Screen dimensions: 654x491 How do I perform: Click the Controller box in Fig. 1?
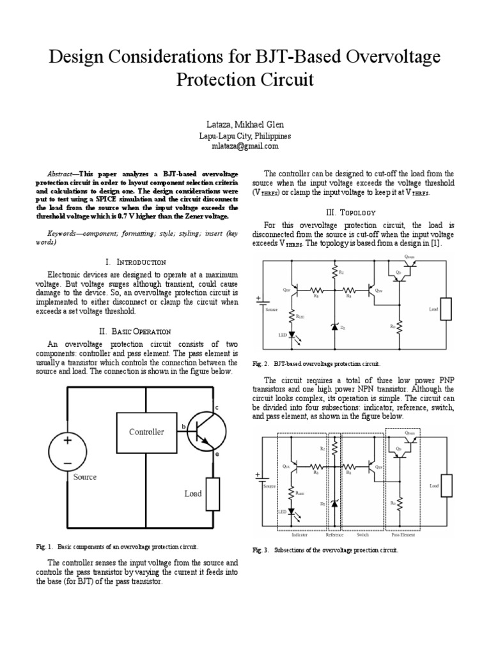click(x=146, y=432)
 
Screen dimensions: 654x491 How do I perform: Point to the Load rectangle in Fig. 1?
click(x=212, y=494)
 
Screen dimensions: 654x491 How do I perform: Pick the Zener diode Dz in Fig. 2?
click(x=334, y=326)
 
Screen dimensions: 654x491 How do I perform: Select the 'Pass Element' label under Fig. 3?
click(x=403, y=535)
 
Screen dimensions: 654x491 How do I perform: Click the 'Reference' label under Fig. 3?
click(x=334, y=535)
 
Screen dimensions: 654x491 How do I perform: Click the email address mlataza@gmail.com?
click(x=245, y=146)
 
